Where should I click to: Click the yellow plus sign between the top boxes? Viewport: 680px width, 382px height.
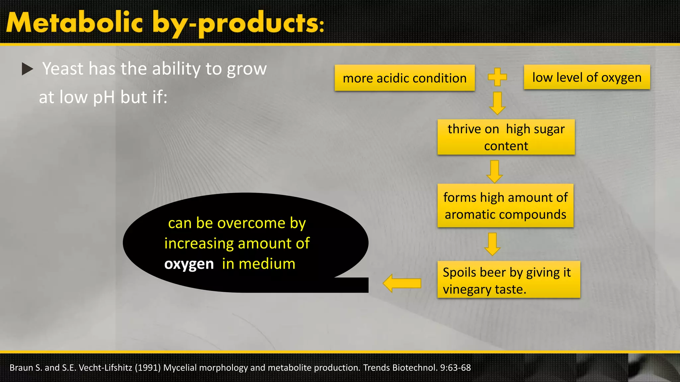point(497,77)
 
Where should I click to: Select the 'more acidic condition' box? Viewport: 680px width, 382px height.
point(404,78)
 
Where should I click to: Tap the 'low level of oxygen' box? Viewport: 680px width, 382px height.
point(587,77)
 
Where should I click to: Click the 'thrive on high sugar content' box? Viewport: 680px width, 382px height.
point(506,137)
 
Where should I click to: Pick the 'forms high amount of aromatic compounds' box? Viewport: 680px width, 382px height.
point(505,206)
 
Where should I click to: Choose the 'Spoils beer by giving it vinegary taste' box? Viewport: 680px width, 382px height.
point(508,280)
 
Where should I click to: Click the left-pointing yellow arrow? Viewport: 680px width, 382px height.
point(402,283)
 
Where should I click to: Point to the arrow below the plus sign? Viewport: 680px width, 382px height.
point(497,103)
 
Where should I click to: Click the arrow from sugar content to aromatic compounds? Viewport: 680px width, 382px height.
point(494,171)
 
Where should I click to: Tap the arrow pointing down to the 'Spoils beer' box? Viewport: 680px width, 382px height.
point(492,244)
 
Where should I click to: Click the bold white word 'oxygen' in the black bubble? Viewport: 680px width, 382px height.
point(189,264)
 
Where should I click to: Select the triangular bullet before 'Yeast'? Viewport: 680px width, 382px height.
point(27,69)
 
